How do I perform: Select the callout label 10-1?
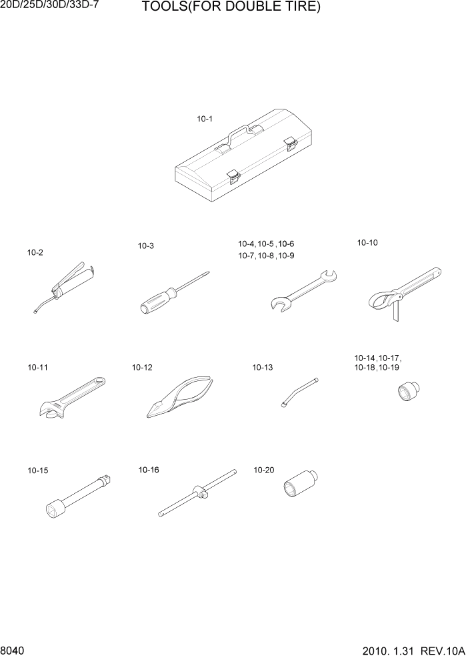(204, 119)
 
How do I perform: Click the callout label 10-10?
(367, 243)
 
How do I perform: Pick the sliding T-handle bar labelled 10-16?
(197, 493)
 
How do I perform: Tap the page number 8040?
(13, 649)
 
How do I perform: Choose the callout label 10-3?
(146, 246)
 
